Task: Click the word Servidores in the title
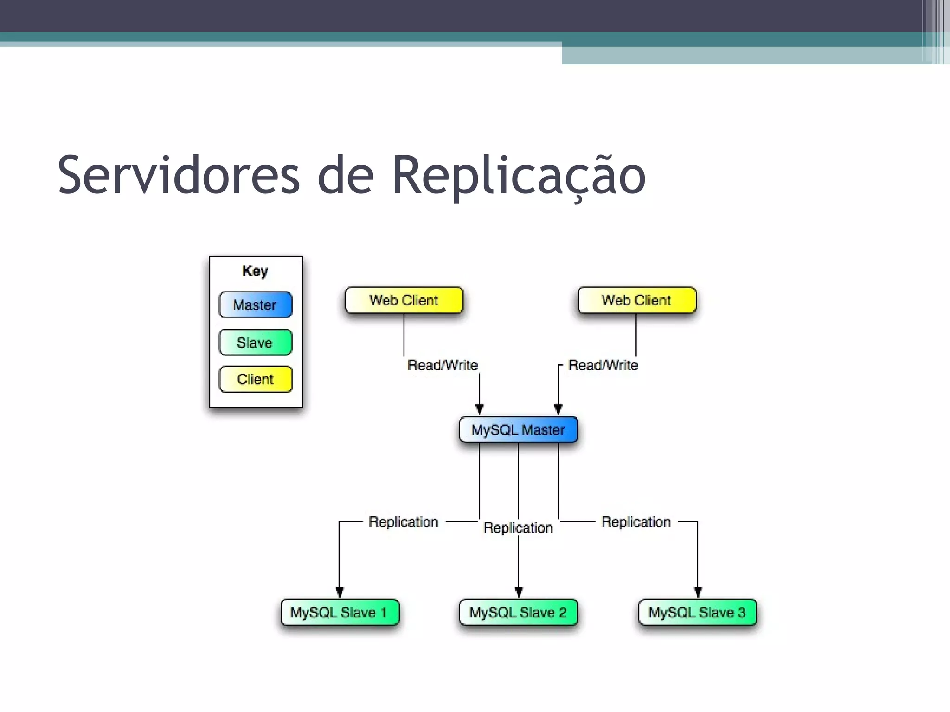[x=179, y=175]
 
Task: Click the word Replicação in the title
[x=519, y=175]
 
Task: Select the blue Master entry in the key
[x=256, y=305]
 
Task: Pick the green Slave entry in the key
[x=256, y=343]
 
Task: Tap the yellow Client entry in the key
[x=256, y=379]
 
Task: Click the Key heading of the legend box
[x=255, y=271]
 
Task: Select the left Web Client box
[x=404, y=300]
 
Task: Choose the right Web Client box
[x=637, y=300]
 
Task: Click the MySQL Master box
[x=518, y=430]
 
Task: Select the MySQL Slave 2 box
[x=518, y=612]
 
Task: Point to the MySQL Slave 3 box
[x=697, y=612]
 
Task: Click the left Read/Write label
[x=443, y=365]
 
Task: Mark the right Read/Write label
[x=603, y=365]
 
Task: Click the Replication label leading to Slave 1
[x=404, y=522]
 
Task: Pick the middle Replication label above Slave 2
[x=518, y=528]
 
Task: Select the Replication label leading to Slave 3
[x=636, y=522]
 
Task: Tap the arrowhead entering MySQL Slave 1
[x=340, y=592]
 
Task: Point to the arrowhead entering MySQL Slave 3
[x=698, y=592]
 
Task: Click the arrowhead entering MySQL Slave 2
[x=519, y=592]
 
